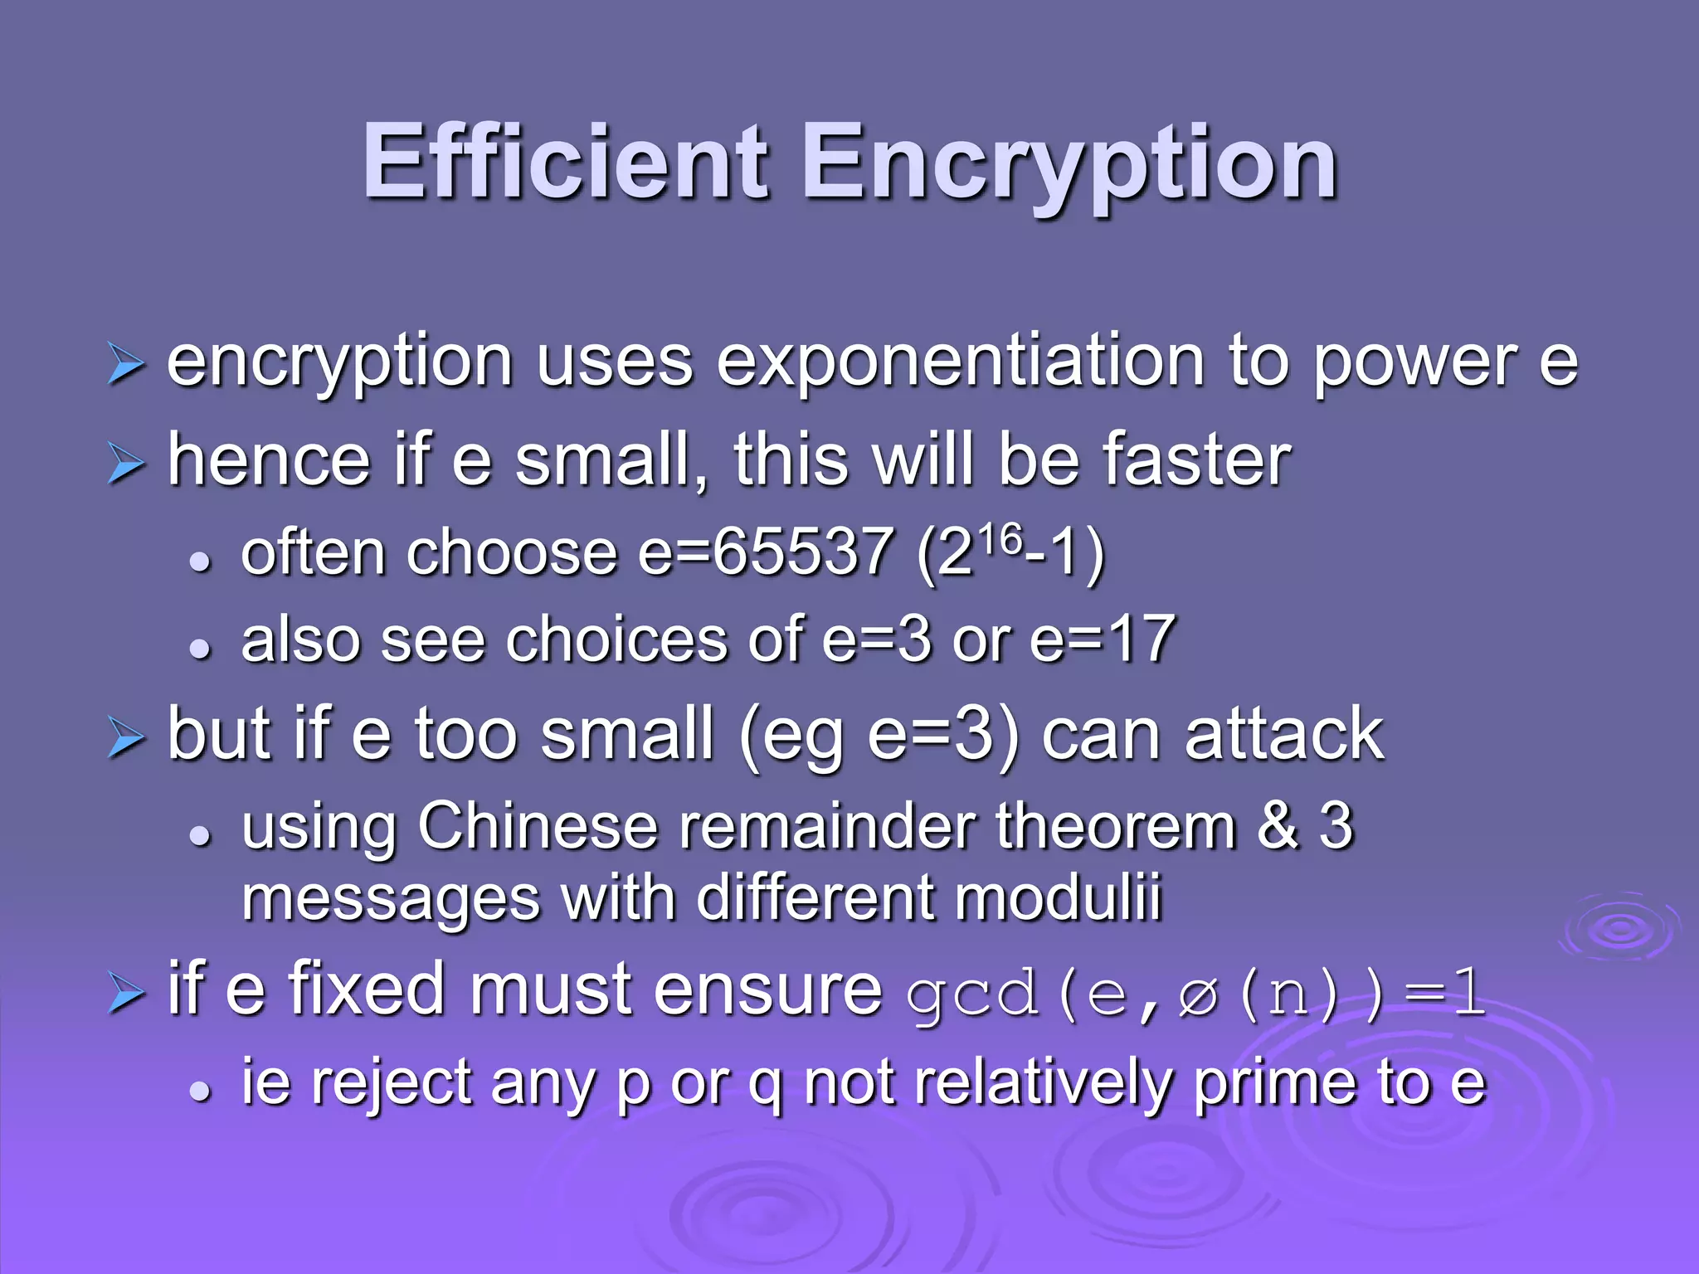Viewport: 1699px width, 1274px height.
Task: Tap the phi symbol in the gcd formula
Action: point(1198,994)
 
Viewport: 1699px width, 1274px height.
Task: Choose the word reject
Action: point(391,1083)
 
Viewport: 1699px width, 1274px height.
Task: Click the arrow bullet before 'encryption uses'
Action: point(126,366)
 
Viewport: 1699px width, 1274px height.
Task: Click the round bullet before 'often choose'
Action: point(199,562)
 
